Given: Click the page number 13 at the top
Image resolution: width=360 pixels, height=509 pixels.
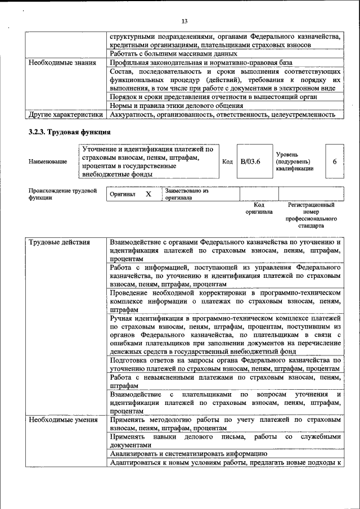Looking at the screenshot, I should tap(184, 21).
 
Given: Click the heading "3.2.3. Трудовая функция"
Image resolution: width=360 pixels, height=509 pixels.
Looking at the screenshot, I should tap(69, 132).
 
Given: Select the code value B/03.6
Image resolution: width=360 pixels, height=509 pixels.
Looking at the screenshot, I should tap(250, 162).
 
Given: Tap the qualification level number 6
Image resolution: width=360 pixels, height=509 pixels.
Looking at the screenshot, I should tap(335, 162).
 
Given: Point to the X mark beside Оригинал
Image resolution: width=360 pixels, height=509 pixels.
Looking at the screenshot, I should tap(148, 194).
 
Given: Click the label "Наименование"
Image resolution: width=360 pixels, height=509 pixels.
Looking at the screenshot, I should tap(48, 162).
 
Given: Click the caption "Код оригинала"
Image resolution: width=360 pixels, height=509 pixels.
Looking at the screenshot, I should tap(259, 209).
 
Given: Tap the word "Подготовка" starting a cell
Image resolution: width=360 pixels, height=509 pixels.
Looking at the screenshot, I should tap(132, 359).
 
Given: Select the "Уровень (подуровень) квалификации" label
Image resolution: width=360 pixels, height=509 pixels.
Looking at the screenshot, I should tap(295, 161).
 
